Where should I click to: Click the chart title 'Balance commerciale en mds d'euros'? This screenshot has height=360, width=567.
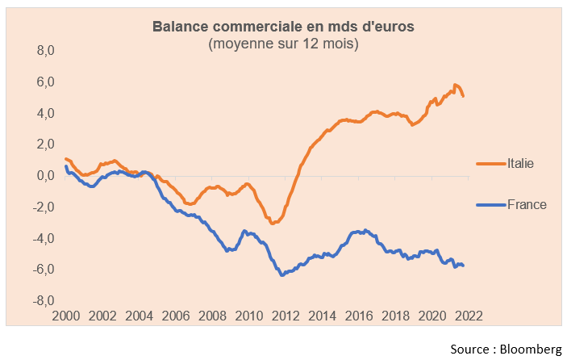click(x=283, y=27)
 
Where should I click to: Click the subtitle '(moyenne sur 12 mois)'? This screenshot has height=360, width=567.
click(x=283, y=44)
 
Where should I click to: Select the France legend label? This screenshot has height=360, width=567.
click(x=527, y=205)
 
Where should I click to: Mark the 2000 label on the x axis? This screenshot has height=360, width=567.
click(x=66, y=316)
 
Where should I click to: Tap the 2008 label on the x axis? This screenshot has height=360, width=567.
click(x=212, y=316)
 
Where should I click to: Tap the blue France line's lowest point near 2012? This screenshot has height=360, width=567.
click(x=282, y=275)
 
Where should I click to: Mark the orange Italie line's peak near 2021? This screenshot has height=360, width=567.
click(x=455, y=85)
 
